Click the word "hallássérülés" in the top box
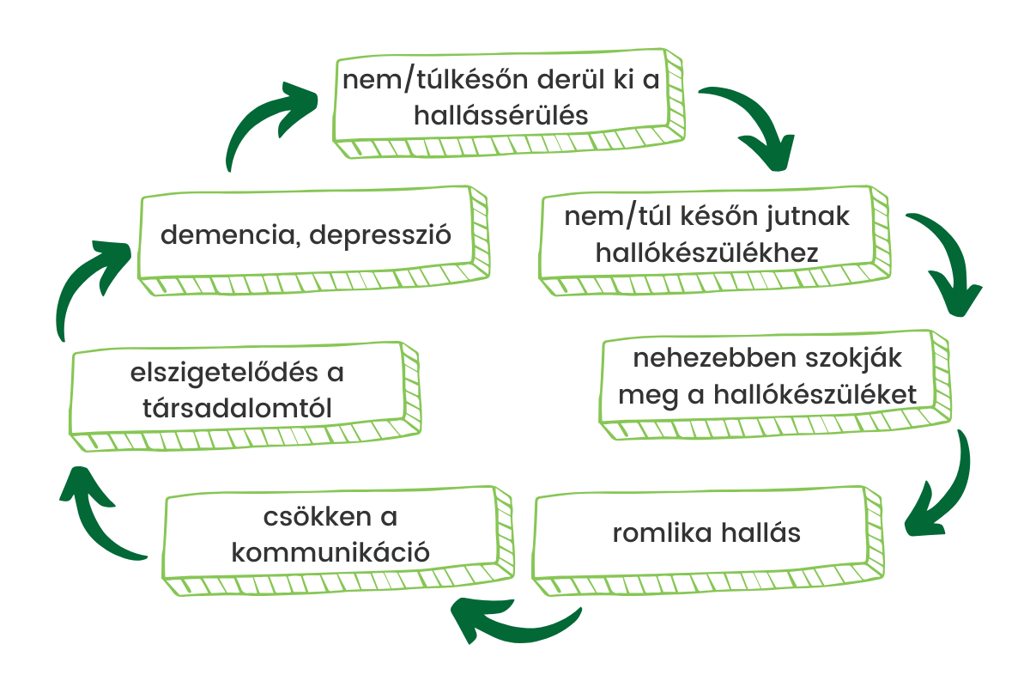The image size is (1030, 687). (501, 115)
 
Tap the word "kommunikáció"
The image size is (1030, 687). (331, 550)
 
